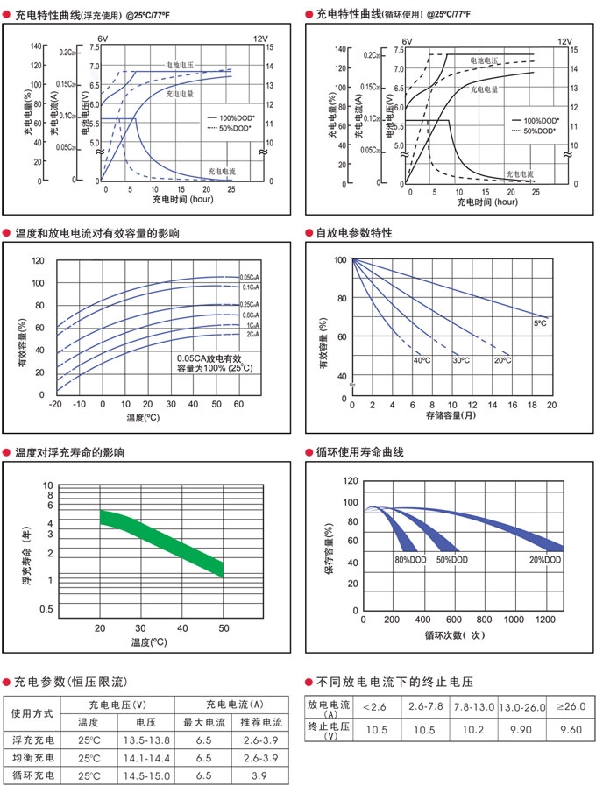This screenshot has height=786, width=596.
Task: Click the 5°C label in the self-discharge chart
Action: point(540,323)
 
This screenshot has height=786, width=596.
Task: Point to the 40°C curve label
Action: point(421,360)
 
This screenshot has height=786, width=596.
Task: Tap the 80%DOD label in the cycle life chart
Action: point(411,559)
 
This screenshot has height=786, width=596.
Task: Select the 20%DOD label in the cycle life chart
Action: point(545,559)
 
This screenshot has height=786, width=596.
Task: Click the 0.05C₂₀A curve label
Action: point(253,277)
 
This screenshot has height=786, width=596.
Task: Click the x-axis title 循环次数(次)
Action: point(454,634)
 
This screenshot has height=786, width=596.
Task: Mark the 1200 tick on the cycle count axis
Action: point(543,619)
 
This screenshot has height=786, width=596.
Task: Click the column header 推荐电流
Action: point(261,723)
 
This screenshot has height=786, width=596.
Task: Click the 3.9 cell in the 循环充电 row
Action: point(261,775)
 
